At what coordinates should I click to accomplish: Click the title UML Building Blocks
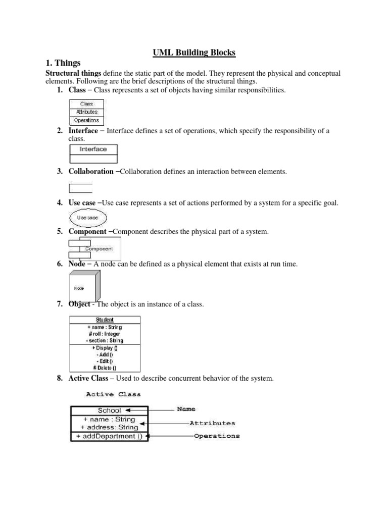click(195, 52)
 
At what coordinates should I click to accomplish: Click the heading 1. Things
click(63, 63)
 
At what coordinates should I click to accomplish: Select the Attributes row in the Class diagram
click(86, 112)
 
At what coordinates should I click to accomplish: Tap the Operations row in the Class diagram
click(86, 121)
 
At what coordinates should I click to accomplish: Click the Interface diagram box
click(93, 149)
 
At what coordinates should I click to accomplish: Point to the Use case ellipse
click(88, 218)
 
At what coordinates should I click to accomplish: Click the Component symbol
click(94, 248)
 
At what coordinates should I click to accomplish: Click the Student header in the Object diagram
click(105, 320)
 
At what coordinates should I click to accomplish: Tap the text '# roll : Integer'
click(105, 334)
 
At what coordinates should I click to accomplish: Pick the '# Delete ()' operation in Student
click(105, 368)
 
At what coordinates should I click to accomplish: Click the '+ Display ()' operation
click(105, 348)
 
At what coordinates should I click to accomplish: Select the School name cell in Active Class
click(109, 410)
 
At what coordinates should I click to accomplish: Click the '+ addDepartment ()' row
click(109, 436)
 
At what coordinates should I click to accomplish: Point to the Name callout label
click(186, 409)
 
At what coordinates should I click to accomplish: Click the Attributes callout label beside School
click(212, 423)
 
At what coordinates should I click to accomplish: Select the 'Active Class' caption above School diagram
click(114, 394)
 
